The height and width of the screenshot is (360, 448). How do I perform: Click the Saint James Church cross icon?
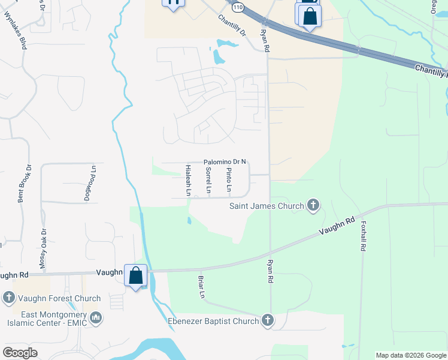[312, 206]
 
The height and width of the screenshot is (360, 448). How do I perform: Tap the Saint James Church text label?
[267, 206]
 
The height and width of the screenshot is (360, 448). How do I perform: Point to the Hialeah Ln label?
[188, 181]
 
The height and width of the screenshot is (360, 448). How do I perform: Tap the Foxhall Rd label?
[364, 237]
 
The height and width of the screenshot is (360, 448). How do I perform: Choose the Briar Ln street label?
[202, 287]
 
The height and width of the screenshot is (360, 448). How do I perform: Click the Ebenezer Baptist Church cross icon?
[267, 320]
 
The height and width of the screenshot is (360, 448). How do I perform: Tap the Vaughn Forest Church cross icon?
[8, 298]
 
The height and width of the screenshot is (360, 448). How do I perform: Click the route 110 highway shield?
[238, 7]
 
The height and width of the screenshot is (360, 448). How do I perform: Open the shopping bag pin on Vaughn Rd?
[136, 275]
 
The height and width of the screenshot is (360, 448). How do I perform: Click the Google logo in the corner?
[20, 353]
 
